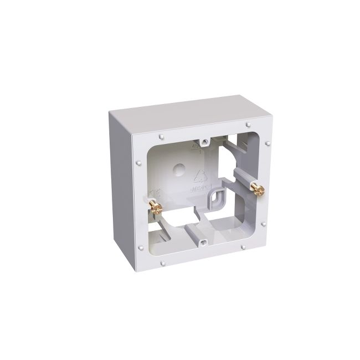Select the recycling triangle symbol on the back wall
198,177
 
